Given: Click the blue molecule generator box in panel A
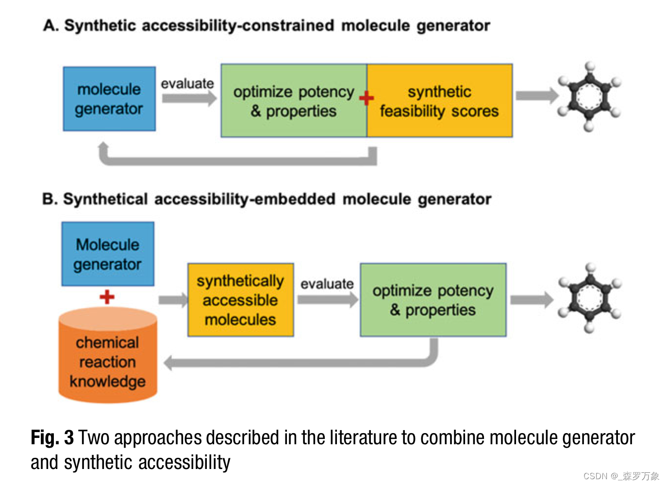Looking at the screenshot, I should (x=109, y=99).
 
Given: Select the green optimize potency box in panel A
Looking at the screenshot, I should (x=294, y=101).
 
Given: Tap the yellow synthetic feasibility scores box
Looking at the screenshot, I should (x=439, y=101).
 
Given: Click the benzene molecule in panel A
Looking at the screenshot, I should (x=589, y=97).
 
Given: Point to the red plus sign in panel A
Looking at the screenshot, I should (x=367, y=98).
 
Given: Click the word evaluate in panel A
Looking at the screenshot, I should (x=187, y=83).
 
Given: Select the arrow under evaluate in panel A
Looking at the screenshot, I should (x=188, y=98).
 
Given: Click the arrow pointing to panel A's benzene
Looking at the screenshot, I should (x=536, y=96).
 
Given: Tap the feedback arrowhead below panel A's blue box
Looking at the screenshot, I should (x=103, y=147).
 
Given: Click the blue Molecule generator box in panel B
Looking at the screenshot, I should (x=108, y=254).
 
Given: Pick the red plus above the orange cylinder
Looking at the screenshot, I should (x=107, y=296).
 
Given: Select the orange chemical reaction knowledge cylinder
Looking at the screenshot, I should (x=108, y=359).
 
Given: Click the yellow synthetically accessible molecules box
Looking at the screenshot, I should (x=240, y=300).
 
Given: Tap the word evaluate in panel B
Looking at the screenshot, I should (x=327, y=284).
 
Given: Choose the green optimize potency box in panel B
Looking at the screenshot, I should (x=433, y=300).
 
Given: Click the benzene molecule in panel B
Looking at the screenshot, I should (x=589, y=298).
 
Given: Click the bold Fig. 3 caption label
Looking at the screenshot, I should (x=52, y=437).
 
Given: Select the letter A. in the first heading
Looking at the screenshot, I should (x=50, y=25).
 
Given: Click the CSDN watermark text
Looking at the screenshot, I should (x=621, y=476).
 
